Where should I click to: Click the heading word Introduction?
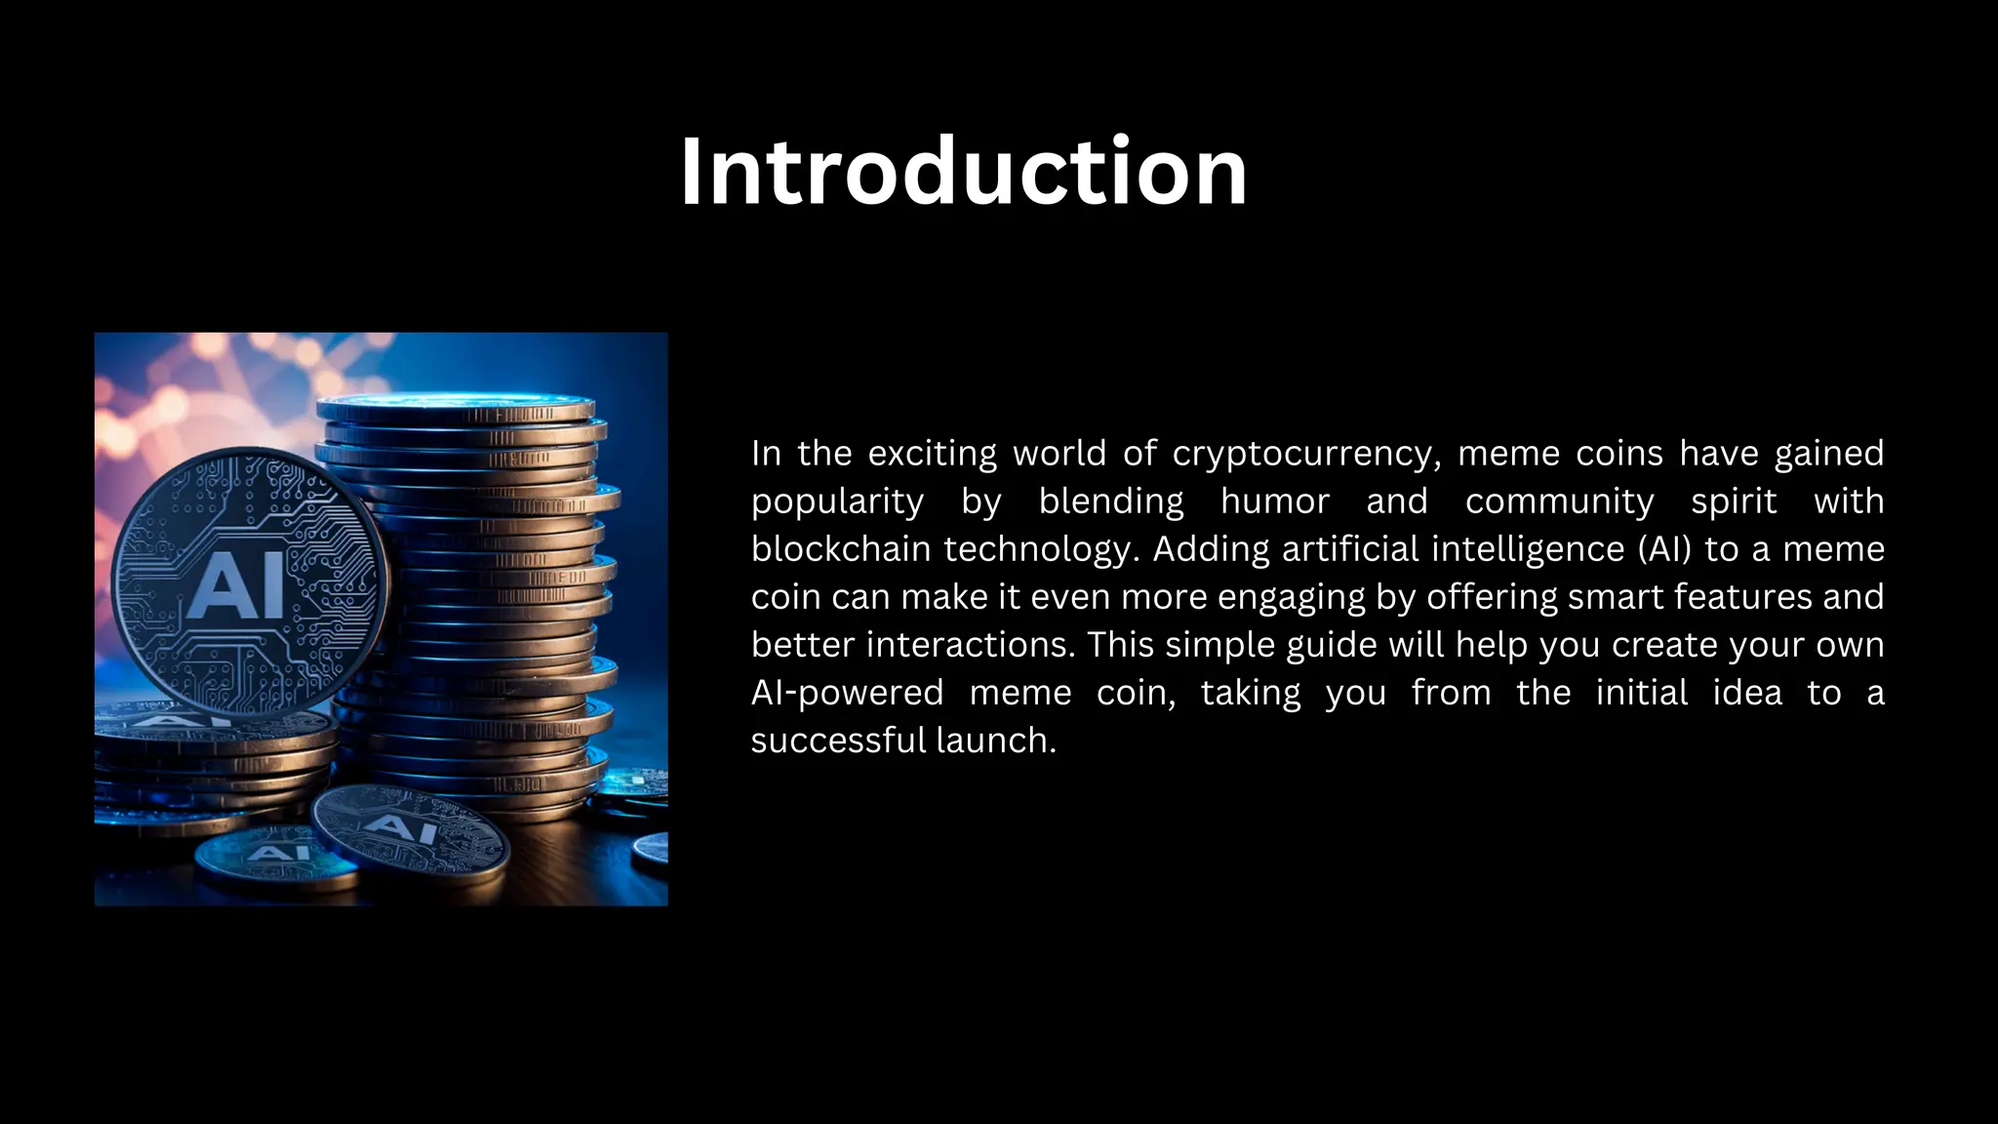[x=963, y=172]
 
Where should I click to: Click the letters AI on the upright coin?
[x=237, y=585]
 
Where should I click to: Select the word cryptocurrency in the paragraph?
[x=1306, y=454]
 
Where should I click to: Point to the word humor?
[x=1274, y=502]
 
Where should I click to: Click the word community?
[x=1559, y=502]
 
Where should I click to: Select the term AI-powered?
[x=847, y=693]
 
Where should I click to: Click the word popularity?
[x=837, y=502]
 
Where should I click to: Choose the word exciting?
[x=932, y=454]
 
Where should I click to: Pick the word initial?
[x=1641, y=693]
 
